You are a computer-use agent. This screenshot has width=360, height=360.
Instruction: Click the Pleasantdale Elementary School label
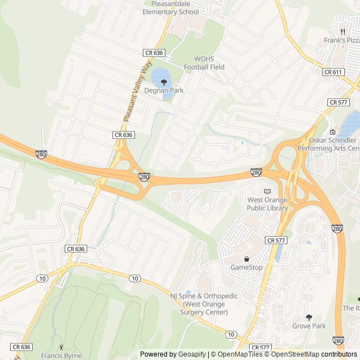(x=171, y=7)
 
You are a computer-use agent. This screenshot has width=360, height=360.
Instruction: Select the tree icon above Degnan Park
(x=164, y=82)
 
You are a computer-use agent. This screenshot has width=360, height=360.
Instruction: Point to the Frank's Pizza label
(x=342, y=40)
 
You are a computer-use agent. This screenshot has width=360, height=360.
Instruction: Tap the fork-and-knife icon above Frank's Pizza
(x=341, y=32)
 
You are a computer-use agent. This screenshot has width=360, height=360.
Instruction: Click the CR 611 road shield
(x=333, y=72)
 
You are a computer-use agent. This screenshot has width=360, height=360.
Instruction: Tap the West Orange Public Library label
(x=267, y=204)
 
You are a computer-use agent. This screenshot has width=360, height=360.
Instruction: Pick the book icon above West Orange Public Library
(x=267, y=191)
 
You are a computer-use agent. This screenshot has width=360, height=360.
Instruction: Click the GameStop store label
(x=246, y=267)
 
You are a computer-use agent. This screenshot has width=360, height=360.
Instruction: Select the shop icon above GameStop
(x=246, y=259)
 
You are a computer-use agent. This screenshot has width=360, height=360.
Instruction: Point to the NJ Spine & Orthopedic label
(x=204, y=304)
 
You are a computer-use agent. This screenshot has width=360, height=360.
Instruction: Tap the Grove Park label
(x=309, y=326)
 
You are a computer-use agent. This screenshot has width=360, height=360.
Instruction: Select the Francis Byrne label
(x=61, y=356)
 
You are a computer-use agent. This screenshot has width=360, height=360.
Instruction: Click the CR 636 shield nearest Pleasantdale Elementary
(x=154, y=52)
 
